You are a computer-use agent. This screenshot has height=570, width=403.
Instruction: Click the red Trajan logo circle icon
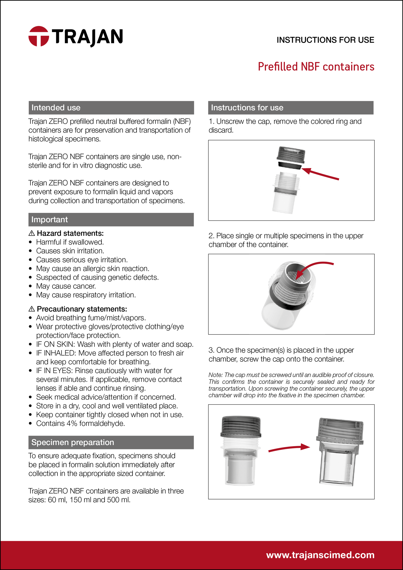point(39,36)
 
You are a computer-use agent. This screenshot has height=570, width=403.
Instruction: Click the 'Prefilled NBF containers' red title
point(316,67)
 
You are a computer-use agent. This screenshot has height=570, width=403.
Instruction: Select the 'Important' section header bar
point(111,220)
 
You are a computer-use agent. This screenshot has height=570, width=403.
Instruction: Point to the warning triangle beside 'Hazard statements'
point(32,233)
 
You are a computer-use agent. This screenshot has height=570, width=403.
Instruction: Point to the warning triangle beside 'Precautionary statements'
point(32,309)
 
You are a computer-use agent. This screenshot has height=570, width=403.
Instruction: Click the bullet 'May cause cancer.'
point(66,286)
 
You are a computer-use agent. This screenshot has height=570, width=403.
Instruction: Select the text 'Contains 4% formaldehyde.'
point(81,423)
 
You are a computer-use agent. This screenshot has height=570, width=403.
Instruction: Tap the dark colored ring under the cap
point(289,165)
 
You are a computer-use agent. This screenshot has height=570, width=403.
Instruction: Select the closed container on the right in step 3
point(340,452)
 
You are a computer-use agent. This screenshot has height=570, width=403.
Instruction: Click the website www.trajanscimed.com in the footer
point(320,555)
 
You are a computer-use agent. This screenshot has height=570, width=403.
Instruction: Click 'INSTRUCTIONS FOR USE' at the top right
point(325,40)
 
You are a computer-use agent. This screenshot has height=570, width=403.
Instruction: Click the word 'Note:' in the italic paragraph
point(216,375)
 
